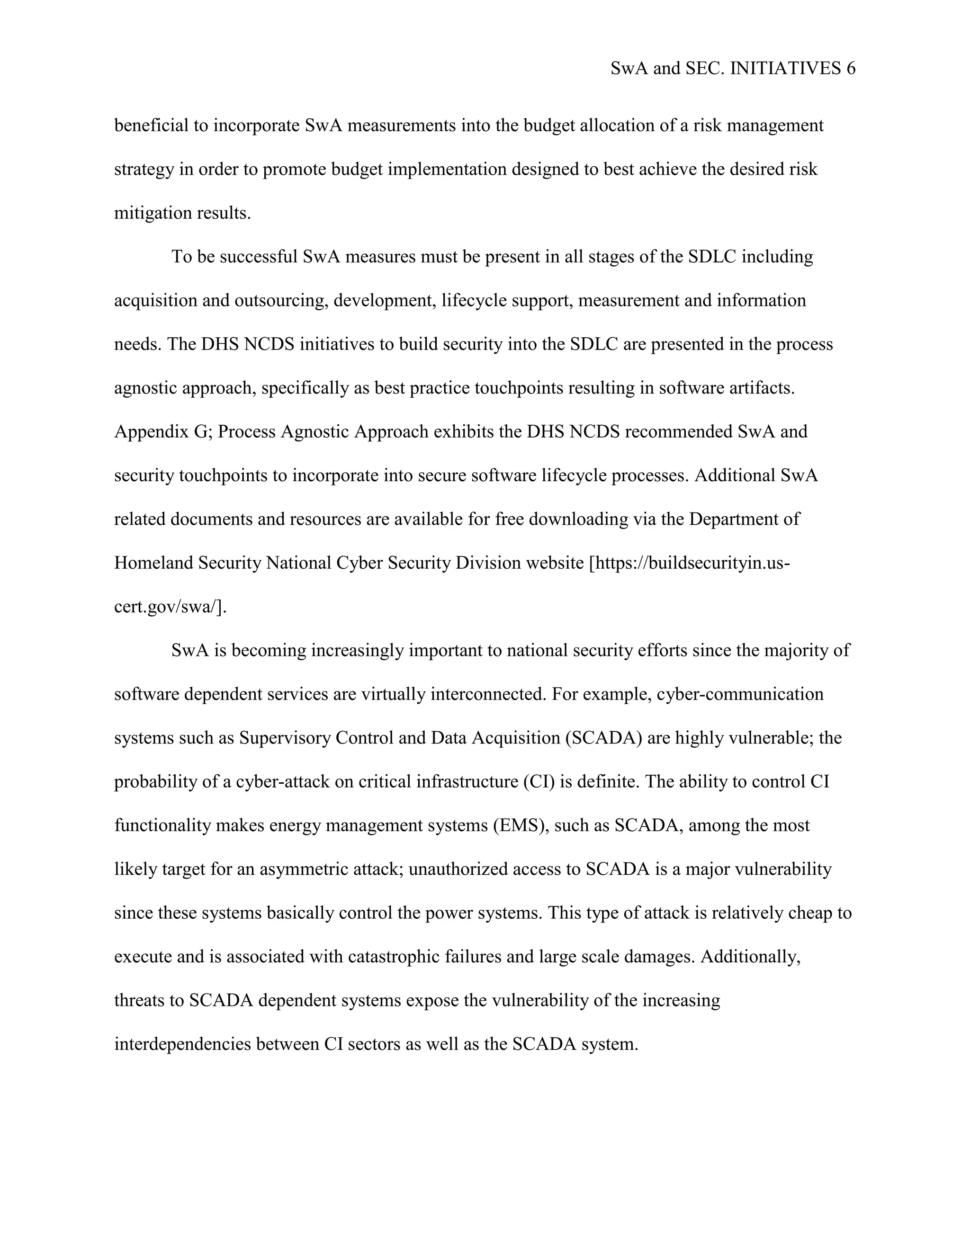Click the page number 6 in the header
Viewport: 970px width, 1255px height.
click(851, 69)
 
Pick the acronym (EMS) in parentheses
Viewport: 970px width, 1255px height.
click(520, 826)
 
